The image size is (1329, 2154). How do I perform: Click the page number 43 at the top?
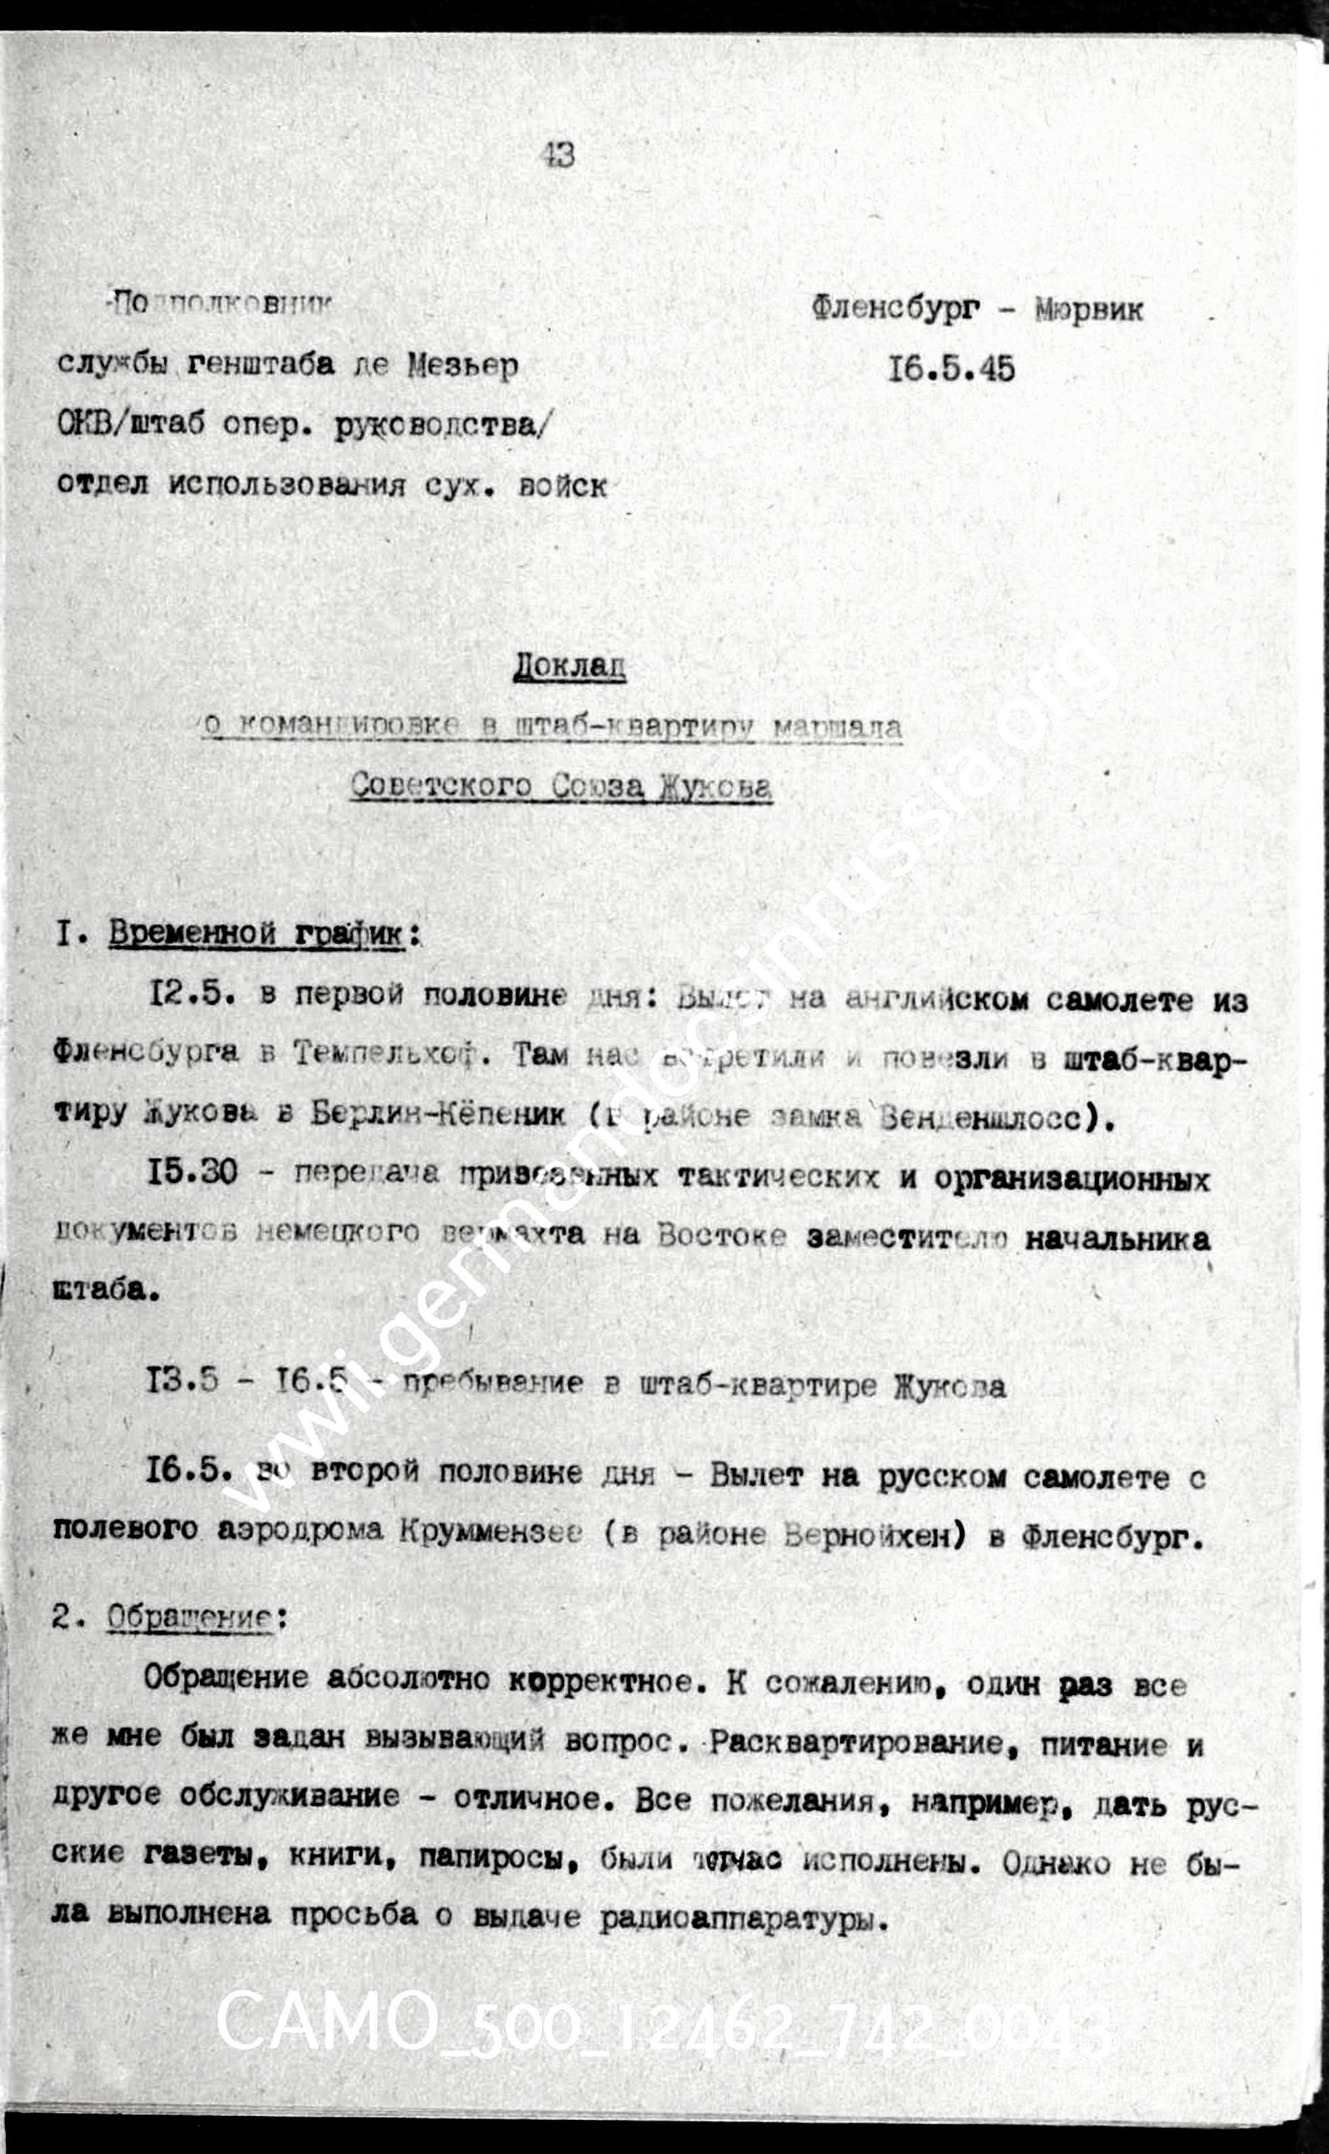pyautogui.click(x=560, y=156)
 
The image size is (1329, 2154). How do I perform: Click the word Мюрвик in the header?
pyautogui.click(x=1089, y=310)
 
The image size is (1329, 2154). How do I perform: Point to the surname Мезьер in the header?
pyautogui.click(x=462, y=366)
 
